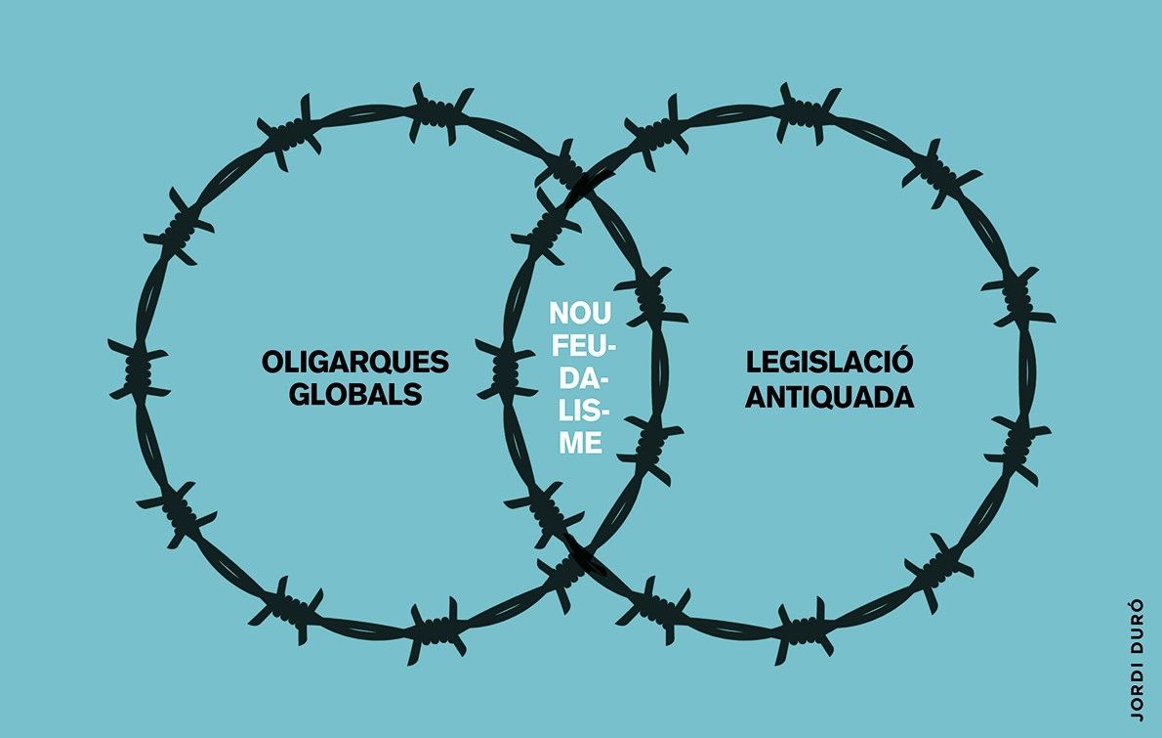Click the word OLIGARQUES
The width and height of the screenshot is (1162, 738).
355,362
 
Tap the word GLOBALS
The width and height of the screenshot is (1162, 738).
355,394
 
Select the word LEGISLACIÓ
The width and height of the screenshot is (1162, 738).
829,362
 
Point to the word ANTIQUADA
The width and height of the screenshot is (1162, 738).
829,397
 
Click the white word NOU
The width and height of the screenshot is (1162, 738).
580,313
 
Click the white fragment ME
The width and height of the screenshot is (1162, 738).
580,443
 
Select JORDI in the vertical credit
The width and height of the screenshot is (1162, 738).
1137,690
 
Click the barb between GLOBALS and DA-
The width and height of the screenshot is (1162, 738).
506,369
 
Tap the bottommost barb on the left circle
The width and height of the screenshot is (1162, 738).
438,631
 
